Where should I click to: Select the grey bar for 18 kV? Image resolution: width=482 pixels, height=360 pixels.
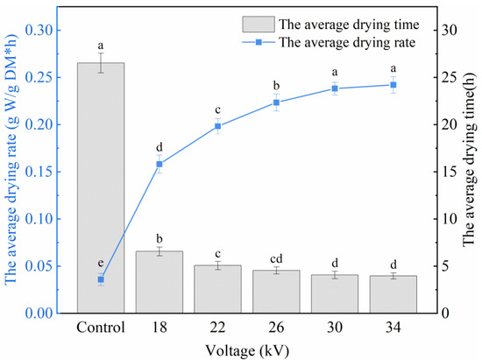point(159,281)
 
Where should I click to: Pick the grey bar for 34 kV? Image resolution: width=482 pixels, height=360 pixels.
point(393,293)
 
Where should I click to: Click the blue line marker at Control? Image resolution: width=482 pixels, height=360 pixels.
point(101,279)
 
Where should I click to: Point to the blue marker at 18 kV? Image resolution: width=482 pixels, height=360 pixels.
point(159,164)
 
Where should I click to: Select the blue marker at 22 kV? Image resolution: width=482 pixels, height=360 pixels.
point(217,126)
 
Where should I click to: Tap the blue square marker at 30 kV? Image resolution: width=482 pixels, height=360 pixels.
point(334,88)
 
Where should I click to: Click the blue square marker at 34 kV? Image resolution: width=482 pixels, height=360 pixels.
point(393,85)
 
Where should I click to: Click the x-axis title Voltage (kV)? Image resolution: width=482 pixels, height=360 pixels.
point(246,349)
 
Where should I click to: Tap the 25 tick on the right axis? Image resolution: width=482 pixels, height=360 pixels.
point(448,77)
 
